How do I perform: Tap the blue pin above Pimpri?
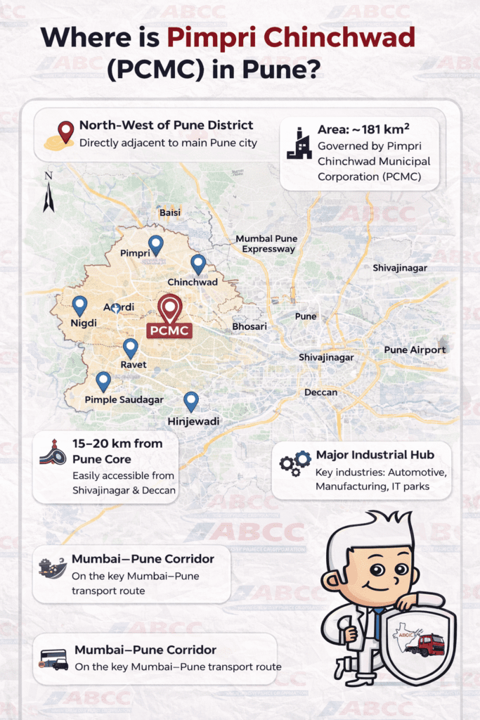click(x=155, y=244)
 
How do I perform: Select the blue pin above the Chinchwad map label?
click(x=198, y=264)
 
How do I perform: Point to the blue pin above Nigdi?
click(x=79, y=305)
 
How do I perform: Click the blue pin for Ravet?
click(x=130, y=347)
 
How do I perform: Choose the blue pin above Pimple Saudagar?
click(x=103, y=381)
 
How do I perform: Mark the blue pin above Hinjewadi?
click(x=190, y=401)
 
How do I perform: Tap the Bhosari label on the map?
click(x=249, y=327)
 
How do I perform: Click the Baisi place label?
click(x=170, y=212)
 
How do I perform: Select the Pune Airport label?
click(x=414, y=349)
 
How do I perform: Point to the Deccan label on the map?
click(x=320, y=392)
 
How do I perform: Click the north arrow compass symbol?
click(x=48, y=191)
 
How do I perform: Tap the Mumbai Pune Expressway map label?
click(x=266, y=243)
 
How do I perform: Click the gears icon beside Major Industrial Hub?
click(x=295, y=463)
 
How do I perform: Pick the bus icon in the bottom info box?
click(x=54, y=659)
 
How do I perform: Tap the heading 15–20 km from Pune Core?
click(x=117, y=451)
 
